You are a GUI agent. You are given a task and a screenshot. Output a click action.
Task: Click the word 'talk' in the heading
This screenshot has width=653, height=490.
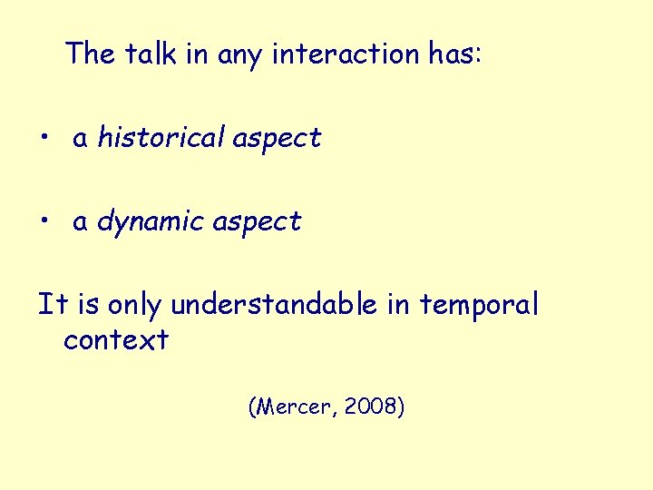click(x=150, y=54)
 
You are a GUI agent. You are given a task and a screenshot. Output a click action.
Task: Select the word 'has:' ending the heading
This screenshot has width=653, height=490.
click(x=455, y=54)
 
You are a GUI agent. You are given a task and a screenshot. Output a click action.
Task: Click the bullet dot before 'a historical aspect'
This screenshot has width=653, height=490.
click(x=44, y=139)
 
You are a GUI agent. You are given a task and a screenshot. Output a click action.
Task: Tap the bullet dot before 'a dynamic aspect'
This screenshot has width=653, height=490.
click(x=44, y=222)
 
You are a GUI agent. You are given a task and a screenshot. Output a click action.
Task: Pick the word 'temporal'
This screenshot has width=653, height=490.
click(x=478, y=305)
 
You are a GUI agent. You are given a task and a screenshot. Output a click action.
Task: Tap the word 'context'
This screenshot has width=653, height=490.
click(x=116, y=340)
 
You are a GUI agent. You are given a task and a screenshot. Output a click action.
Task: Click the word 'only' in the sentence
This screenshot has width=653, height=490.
click(x=135, y=305)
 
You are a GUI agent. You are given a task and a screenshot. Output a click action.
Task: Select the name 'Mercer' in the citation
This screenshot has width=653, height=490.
click(x=294, y=407)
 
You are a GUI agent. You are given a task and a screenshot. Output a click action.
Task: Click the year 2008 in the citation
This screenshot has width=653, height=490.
click(x=374, y=407)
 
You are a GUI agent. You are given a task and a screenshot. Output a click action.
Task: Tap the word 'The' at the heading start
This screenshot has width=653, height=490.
click(x=90, y=54)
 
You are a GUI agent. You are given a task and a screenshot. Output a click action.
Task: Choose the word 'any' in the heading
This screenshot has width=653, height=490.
click(x=239, y=54)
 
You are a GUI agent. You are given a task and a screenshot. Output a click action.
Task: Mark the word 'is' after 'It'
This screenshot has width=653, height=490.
click(x=88, y=305)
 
